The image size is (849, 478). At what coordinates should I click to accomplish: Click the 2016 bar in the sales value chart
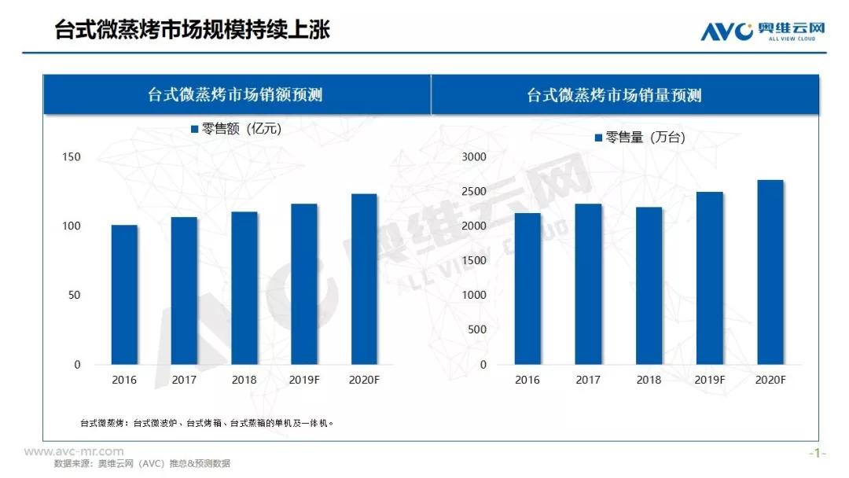pyautogui.click(x=124, y=295)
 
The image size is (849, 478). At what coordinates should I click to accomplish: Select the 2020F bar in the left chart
pyautogui.click(x=364, y=279)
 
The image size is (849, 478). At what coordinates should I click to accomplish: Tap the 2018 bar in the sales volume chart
pyautogui.click(x=649, y=286)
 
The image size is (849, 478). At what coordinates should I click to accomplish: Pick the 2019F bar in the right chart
pyautogui.click(x=710, y=278)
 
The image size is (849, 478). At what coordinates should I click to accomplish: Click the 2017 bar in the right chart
pyautogui.click(x=588, y=285)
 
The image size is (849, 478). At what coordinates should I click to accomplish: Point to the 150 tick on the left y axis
pyautogui.click(x=72, y=157)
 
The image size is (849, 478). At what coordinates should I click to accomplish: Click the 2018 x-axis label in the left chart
pyautogui.click(x=244, y=380)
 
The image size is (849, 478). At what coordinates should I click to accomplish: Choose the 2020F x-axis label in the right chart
pyautogui.click(x=770, y=380)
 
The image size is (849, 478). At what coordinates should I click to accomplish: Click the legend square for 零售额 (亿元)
pyautogui.click(x=195, y=129)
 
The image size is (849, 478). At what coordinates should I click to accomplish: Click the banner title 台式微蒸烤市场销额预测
pyautogui.click(x=235, y=95)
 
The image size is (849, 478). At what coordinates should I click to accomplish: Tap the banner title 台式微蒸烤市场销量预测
pyautogui.click(x=614, y=95)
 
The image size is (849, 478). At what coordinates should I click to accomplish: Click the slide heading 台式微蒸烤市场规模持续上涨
pyautogui.click(x=192, y=30)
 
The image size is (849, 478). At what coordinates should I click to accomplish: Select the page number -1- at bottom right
pyautogui.click(x=818, y=454)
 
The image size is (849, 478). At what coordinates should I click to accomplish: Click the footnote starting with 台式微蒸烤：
pyautogui.click(x=208, y=423)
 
